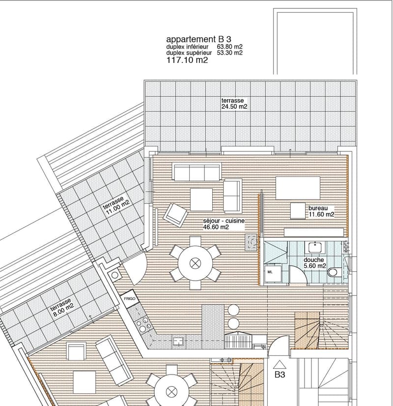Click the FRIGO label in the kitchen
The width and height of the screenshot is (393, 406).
coord(130,298)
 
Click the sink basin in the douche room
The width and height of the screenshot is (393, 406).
coord(315,247)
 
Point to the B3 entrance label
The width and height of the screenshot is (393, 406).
coord(280,375)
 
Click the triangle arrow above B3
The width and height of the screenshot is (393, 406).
coord(280,365)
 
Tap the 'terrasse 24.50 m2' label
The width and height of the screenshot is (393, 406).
coord(234,103)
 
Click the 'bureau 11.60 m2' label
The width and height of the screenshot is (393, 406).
coord(321,211)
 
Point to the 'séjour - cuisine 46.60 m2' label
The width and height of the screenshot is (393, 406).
coord(224,224)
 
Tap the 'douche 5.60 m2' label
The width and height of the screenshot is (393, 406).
coord(314,262)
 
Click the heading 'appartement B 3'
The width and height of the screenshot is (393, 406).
coord(198,39)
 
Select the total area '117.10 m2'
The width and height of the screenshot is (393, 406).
coord(187,60)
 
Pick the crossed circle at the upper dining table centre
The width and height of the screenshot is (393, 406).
coord(195,263)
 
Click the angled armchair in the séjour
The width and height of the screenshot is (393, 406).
coord(175,215)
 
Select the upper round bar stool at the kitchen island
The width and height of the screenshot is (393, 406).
coord(234,310)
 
